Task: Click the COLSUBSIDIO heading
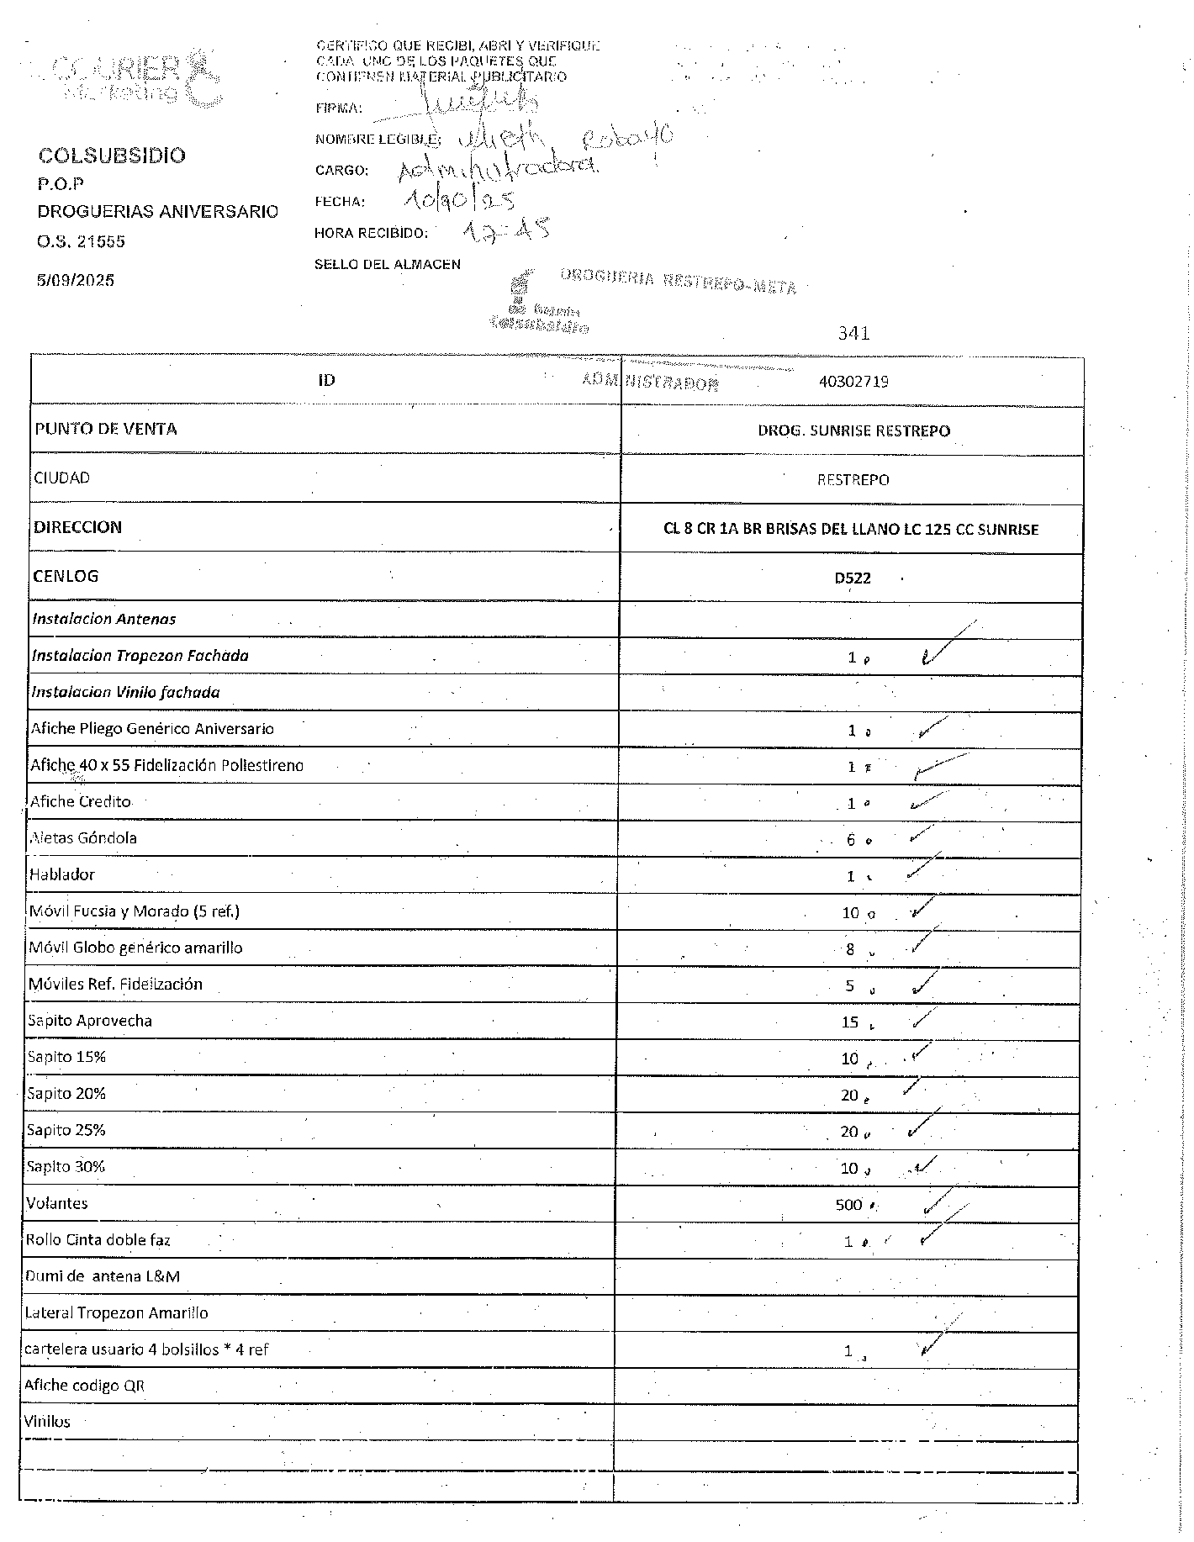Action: [112, 156]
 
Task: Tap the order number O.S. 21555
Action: [81, 241]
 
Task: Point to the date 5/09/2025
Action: [75, 280]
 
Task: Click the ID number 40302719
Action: [853, 381]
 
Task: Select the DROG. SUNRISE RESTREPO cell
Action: [853, 430]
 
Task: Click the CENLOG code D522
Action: [853, 578]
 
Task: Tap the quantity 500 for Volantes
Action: [849, 1205]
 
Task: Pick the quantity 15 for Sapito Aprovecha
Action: [850, 1022]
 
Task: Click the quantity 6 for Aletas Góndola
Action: [851, 839]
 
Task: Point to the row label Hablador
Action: [62, 874]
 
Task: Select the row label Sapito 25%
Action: [66, 1130]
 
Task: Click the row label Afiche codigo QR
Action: [85, 1386]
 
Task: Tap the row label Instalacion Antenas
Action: [104, 619]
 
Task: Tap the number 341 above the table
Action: [853, 333]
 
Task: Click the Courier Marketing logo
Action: [135, 77]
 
